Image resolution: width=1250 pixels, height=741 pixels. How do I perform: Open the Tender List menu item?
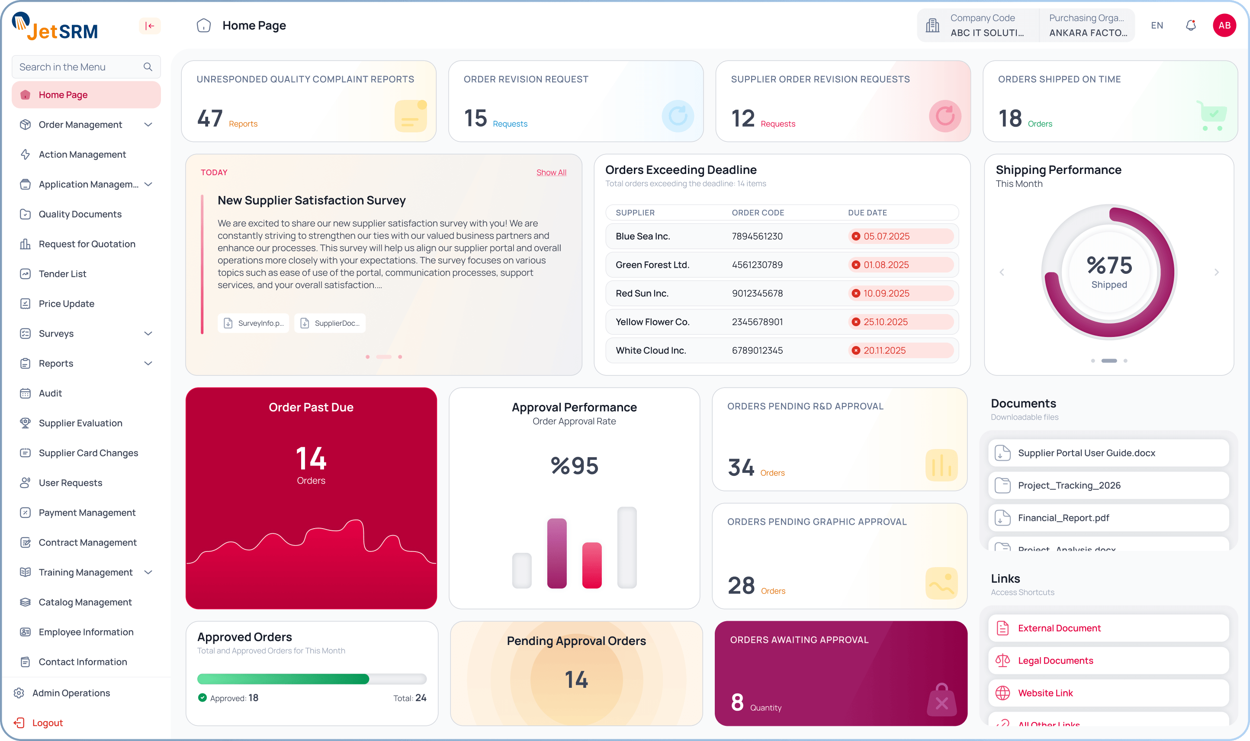point(62,274)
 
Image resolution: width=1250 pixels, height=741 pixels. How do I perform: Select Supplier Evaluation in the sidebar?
point(80,423)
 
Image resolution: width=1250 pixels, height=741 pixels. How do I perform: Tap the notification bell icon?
point(1191,26)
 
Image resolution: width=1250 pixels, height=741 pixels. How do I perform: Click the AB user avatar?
point(1224,26)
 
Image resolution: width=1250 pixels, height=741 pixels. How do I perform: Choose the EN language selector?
point(1157,26)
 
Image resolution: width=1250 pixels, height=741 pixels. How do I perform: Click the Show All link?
point(551,172)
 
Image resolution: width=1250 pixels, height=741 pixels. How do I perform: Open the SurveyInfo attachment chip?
point(254,323)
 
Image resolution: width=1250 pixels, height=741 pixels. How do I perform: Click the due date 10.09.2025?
point(887,293)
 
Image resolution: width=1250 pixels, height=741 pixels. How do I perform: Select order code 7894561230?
point(757,236)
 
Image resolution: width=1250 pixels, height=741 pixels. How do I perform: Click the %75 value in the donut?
point(1109,265)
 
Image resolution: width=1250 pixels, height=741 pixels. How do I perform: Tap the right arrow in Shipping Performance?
point(1217,272)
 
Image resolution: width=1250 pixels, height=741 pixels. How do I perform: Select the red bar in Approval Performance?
point(592,565)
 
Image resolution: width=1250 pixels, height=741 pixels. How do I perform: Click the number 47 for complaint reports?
point(210,119)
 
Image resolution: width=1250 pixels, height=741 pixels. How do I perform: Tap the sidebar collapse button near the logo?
point(149,26)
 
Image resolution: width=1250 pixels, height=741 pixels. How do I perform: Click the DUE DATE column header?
point(867,213)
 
